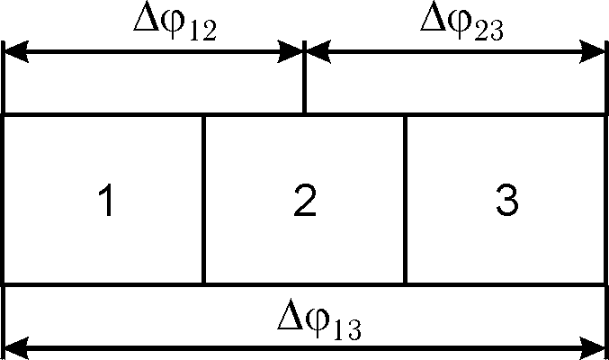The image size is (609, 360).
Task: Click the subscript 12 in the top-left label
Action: click(x=202, y=32)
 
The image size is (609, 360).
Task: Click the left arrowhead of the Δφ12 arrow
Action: click(x=16, y=53)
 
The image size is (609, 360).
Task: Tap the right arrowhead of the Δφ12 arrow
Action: click(x=292, y=53)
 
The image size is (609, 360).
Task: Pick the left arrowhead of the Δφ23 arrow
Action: click(x=318, y=53)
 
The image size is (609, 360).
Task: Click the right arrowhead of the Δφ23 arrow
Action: click(x=596, y=53)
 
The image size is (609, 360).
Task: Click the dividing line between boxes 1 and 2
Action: click(x=204, y=200)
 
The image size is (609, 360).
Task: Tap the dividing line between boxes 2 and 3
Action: click(x=405, y=200)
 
